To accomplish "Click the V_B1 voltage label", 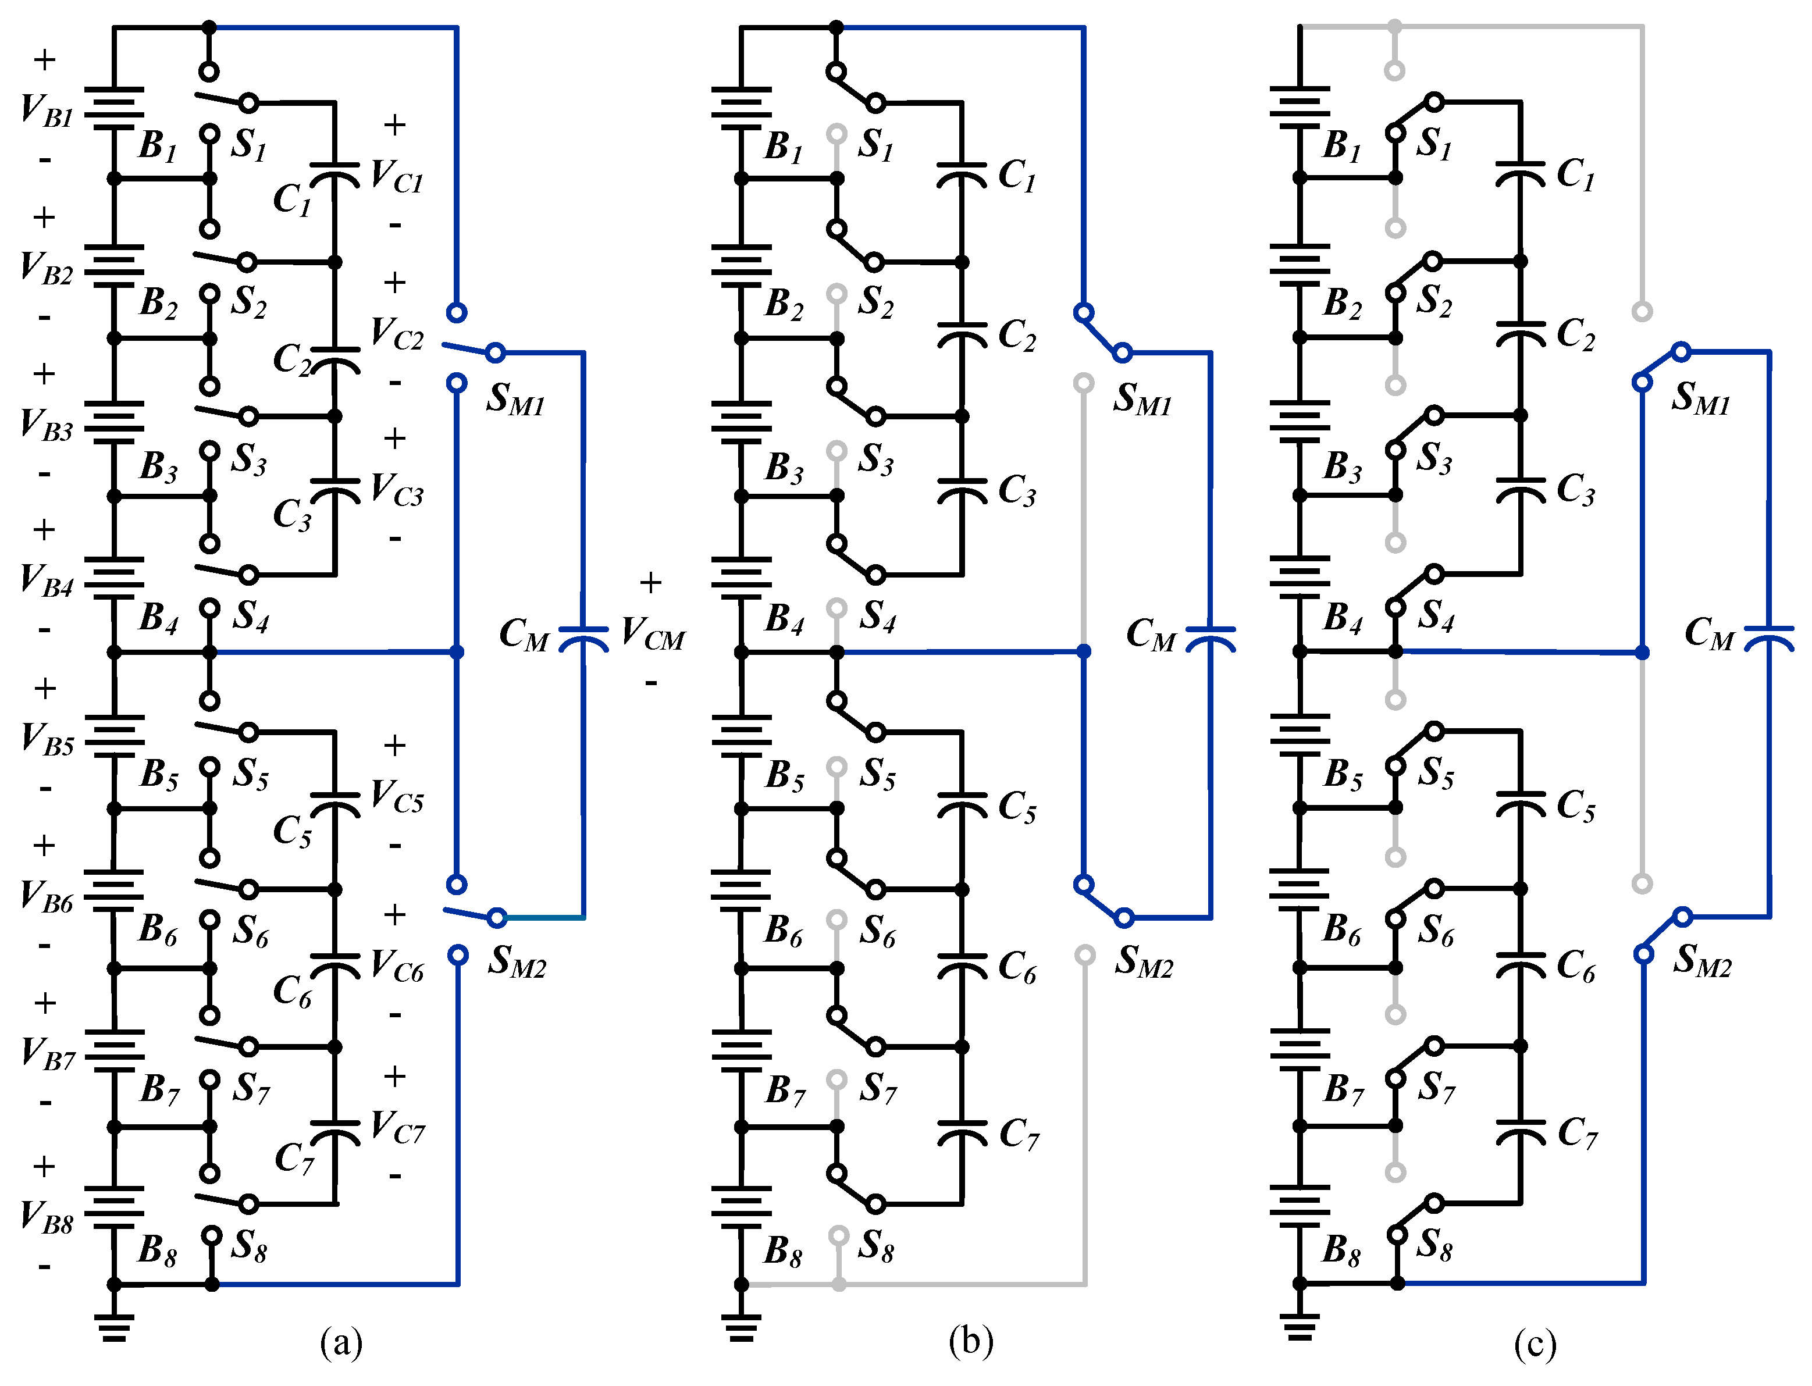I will (47, 111).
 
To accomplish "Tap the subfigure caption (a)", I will (341, 1342).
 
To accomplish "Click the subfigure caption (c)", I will (1535, 1343).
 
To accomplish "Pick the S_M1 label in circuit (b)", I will (1143, 398).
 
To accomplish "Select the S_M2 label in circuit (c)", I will (1702, 960).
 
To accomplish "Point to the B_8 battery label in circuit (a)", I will (157, 1250).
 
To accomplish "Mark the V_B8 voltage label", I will (47, 1217).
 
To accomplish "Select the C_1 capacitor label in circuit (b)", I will (1017, 176).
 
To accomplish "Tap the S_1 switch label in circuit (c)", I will (1434, 144).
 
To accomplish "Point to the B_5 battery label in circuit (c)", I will (1343, 775).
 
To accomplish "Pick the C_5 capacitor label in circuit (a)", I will (293, 831).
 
